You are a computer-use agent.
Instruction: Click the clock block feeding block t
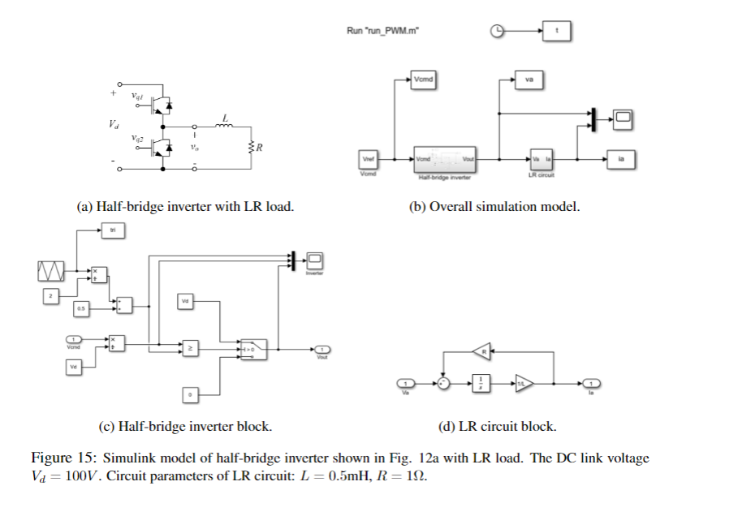[x=498, y=31]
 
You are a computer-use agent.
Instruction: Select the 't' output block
[x=557, y=31]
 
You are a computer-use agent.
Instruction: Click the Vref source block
[x=367, y=159]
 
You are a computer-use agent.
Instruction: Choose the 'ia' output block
[x=621, y=159]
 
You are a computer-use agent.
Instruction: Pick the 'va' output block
[x=529, y=80]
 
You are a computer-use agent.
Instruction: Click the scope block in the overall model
[x=623, y=119]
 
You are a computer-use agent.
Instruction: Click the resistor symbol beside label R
[x=252, y=148]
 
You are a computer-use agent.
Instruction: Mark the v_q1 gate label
[x=137, y=97]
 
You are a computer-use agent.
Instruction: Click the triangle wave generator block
[x=50, y=270]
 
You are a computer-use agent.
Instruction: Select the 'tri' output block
[x=114, y=231]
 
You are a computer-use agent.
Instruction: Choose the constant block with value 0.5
[x=81, y=309]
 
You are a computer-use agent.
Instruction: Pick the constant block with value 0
[x=190, y=395]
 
